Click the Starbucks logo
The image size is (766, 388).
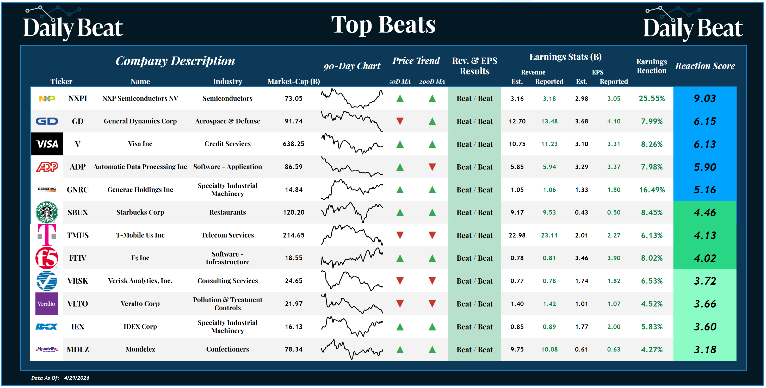coord(47,212)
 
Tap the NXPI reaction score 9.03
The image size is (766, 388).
coord(705,98)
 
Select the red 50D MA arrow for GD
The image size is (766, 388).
coord(400,121)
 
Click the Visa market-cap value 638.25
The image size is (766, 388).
coord(293,144)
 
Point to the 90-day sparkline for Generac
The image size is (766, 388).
coord(351,189)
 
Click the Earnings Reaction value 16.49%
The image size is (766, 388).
coord(652,190)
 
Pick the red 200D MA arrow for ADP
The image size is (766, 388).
coord(432,167)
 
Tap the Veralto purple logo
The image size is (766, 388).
coord(47,304)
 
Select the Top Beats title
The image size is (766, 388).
coord(383,25)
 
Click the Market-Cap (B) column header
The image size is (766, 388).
coord(293,82)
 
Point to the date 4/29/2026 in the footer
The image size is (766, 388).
coord(76,378)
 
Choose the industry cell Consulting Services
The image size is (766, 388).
coord(227,281)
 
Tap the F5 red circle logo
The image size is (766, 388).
coord(47,258)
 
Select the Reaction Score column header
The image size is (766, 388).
coord(705,66)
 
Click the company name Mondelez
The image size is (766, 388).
coord(140,349)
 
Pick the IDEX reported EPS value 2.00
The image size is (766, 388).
coord(614,327)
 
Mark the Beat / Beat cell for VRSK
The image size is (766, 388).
coord(474,281)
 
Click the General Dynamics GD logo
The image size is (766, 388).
coord(47,121)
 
